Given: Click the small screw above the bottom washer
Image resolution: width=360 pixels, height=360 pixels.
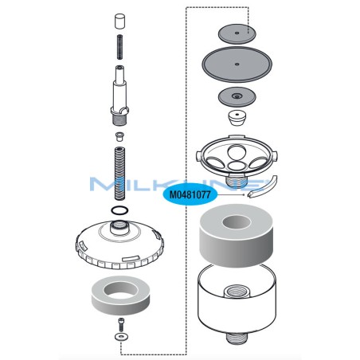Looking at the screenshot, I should (x=120, y=324).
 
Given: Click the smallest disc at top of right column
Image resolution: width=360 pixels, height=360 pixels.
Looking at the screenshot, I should (x=237, y=33).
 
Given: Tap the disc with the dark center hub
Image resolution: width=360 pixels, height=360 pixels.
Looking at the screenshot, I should (x=237, y=98).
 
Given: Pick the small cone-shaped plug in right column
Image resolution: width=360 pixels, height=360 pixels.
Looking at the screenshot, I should (x=237, y=119).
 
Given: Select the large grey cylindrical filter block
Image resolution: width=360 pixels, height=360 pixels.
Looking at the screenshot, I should (x=237, y=235).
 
